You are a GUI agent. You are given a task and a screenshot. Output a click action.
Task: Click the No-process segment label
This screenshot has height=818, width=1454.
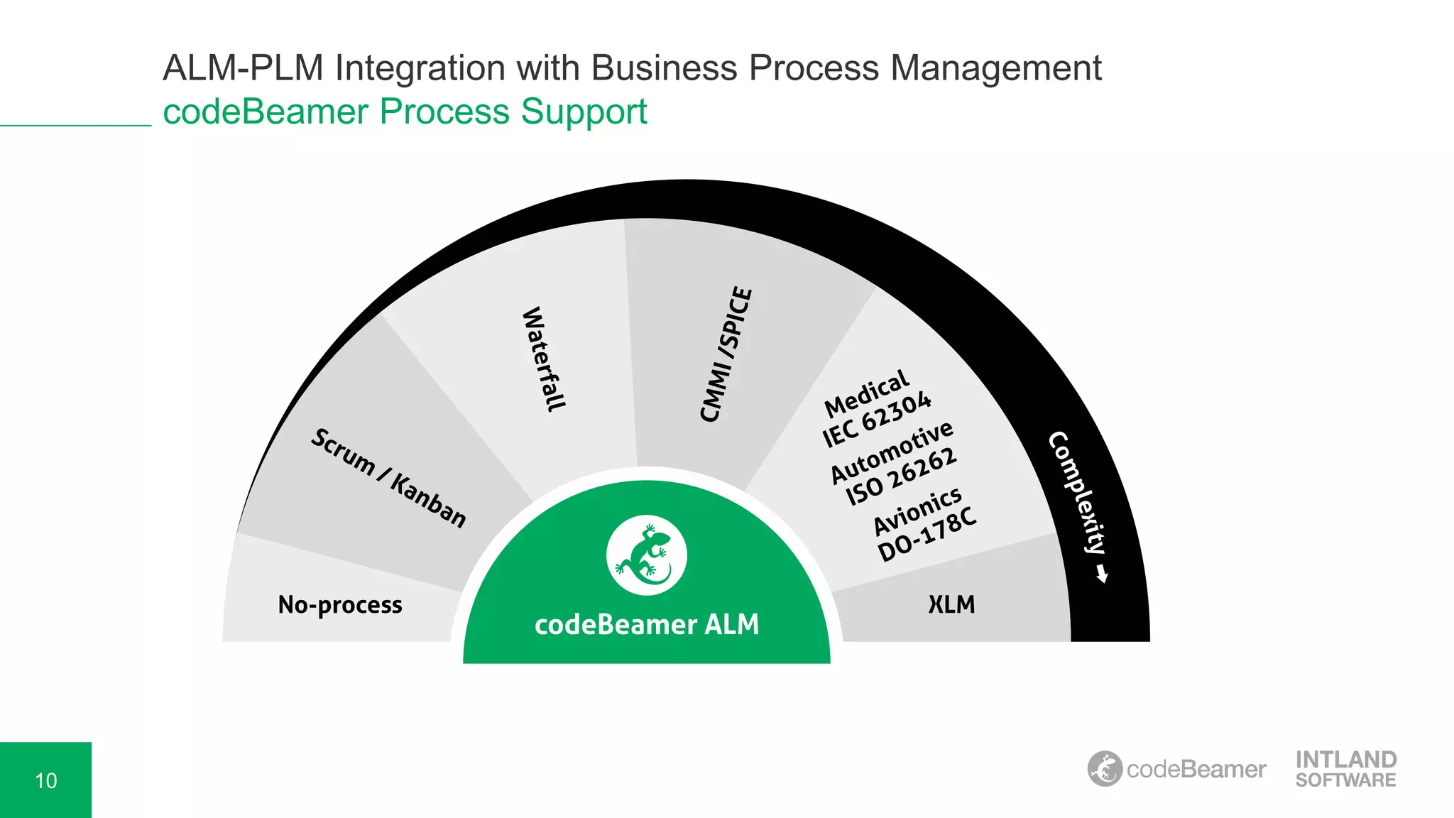pos(340,605)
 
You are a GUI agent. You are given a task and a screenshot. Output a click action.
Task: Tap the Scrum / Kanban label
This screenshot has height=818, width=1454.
pos(389,478)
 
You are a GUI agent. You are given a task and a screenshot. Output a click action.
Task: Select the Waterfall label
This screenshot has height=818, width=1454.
pos(544,359)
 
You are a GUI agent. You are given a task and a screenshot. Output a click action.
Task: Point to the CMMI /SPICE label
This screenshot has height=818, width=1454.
pos(726,354)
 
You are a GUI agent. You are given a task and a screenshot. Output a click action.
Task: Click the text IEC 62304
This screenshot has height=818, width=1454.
pos(877,420)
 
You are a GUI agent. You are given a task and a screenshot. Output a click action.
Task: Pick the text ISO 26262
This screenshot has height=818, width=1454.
pos(901,476)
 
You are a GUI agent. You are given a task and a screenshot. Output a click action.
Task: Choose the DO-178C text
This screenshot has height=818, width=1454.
pos(927,534)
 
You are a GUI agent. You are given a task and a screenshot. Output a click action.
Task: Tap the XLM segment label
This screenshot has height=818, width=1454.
pos(951,605)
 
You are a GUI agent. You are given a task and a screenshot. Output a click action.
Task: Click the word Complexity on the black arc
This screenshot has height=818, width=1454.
pos(1077,493)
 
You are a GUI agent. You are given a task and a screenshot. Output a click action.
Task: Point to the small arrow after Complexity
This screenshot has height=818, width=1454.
pos(1102,574)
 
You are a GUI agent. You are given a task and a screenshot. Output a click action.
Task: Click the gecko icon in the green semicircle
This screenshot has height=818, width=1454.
pos(646,555)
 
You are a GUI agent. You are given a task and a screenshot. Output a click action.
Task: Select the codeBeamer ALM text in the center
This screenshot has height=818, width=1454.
pos(647,625)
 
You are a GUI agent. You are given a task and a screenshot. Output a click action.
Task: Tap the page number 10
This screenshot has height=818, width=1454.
pos(45,781)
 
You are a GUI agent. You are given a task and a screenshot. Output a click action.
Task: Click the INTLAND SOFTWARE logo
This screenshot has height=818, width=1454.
pos(1345,769)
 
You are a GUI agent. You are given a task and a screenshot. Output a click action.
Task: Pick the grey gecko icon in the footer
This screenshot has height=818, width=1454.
pos(1105,769)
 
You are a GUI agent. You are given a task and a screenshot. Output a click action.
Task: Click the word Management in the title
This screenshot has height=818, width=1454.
pos(995,69)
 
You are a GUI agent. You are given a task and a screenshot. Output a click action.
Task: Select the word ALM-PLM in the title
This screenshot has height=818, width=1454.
pos(243,69)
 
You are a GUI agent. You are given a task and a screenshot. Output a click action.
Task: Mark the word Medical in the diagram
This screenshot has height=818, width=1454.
pos(866,393)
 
